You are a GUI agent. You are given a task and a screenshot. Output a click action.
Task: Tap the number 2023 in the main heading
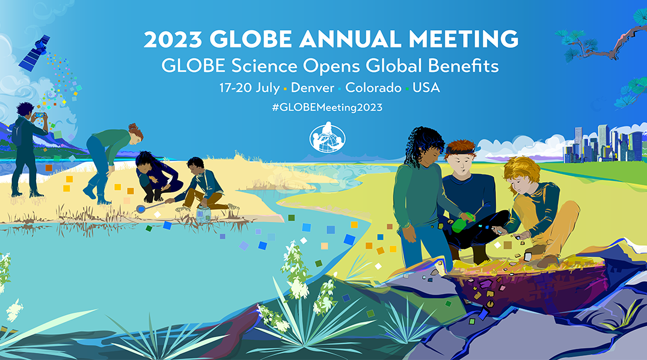pyautogui.click(x=173, y=39)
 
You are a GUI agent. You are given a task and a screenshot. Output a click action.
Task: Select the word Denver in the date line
pyautogui.click(x=312, y=87)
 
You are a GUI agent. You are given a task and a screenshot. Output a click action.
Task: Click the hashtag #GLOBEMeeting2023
pyautogui.click(x=327, y=108)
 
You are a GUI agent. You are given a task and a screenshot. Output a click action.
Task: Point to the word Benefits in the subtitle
pyautogui.click(x=464, y=66)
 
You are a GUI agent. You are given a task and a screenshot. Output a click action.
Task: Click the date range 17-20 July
pyautogui.click(x=250, y=88)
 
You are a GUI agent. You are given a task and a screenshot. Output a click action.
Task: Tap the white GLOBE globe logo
pyautogui.click(x=327, y=137)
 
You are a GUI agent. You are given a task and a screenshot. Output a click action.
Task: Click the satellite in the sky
pyautogui.click(x=35, y=53)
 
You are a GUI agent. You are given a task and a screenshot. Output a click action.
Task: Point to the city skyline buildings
pyautogui.click(x=603, y=144)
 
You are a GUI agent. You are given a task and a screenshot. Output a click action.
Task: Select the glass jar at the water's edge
pyautogui.click(x=203, y=213)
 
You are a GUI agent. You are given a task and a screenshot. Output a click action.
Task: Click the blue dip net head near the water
pyautogui.click(x=141, y=209)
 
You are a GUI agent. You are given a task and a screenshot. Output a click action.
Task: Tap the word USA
pyautogui.click(x=426, y=87)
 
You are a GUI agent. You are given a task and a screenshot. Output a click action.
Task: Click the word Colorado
pyautogui.click(x=373, y=87)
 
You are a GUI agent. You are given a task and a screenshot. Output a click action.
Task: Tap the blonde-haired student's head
pyautogui.click(x=522, y=175)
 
